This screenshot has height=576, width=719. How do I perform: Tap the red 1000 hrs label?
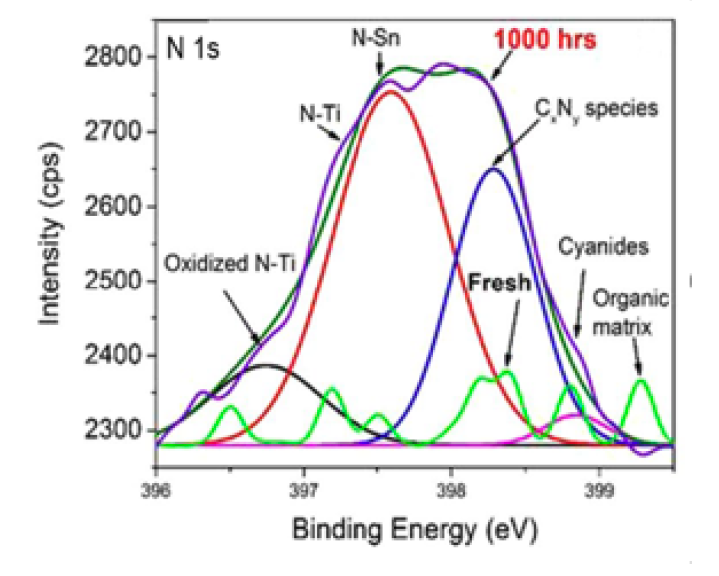[545, 41]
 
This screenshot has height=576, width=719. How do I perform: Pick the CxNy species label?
[595, 108]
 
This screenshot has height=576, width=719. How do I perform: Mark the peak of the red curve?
[389, 93]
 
